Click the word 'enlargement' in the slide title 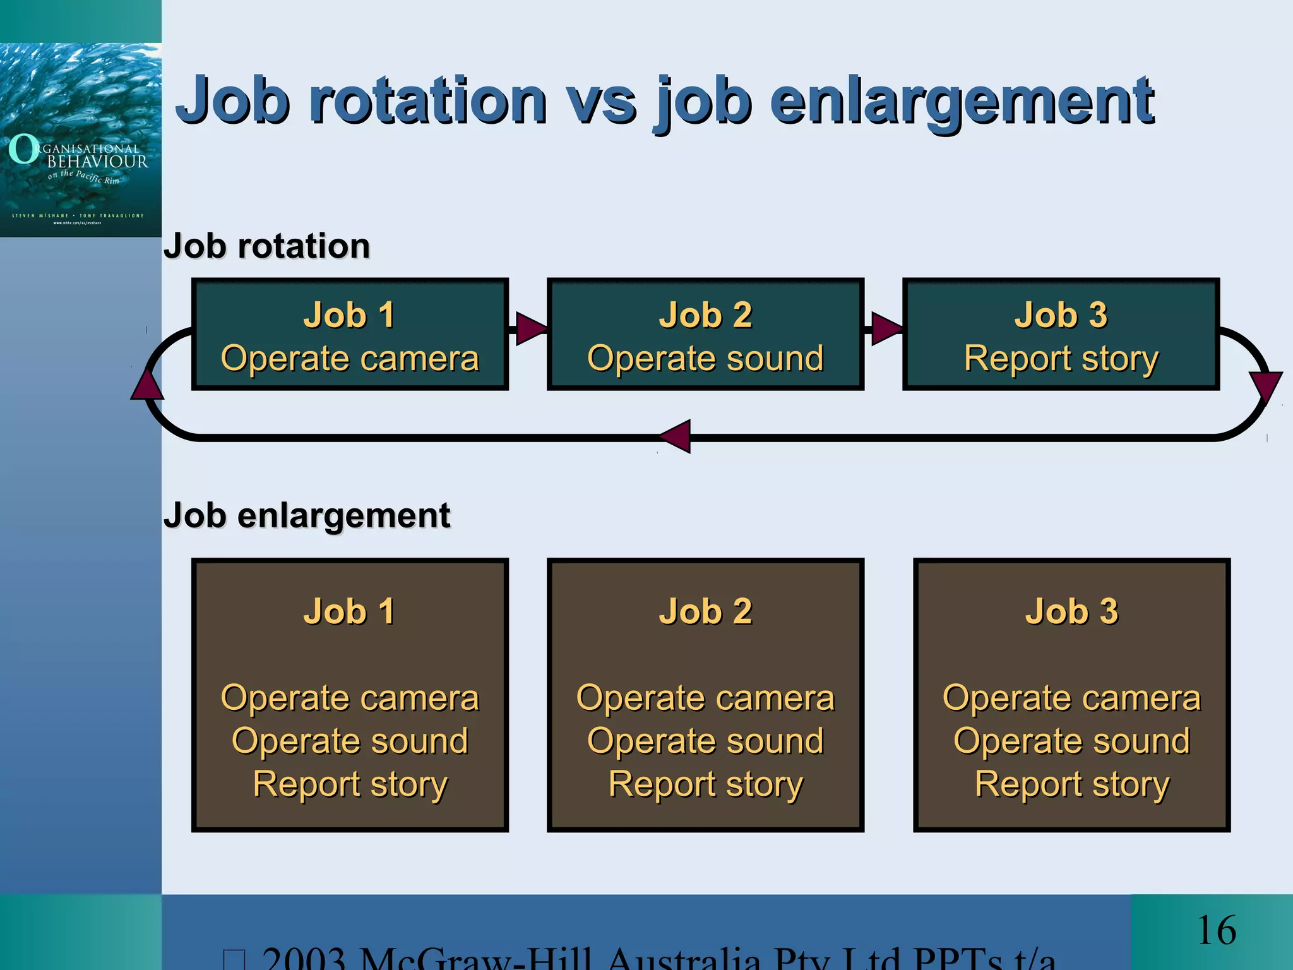pos(961,101)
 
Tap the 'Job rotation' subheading pos(266,246)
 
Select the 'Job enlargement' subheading pos(307,515)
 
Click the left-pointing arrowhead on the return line pos(676,436)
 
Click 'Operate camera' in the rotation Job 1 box pos(350,358)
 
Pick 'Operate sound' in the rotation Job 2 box pos(705,358)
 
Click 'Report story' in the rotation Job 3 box pos(1061,358)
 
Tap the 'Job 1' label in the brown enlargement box pos(350,611)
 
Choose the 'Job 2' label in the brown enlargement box pos(705,611)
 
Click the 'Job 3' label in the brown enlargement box pos(1071,611)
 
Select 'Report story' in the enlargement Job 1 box pos(350,784)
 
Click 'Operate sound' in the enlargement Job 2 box pos(705,741)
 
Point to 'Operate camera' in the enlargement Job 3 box pos(1071,698)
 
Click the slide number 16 pos(1216,931)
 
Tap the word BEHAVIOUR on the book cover pos(98,162)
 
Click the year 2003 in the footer pos(303,959)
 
